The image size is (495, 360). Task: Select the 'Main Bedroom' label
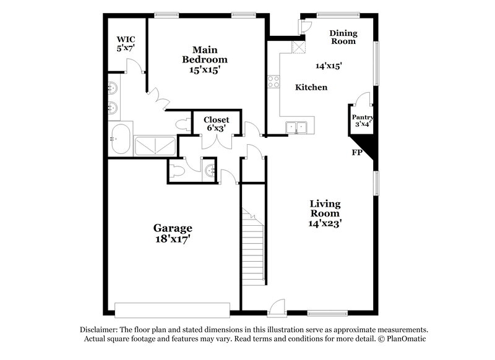204,54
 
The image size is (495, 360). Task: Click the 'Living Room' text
325,208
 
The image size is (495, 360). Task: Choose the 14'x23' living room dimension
325,223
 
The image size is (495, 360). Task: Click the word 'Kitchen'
311,87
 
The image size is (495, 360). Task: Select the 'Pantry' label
362,118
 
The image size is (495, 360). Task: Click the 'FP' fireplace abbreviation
357,152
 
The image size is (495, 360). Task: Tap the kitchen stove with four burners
273,81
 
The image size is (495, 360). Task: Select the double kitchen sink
297,127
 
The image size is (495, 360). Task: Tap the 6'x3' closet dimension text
216,128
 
